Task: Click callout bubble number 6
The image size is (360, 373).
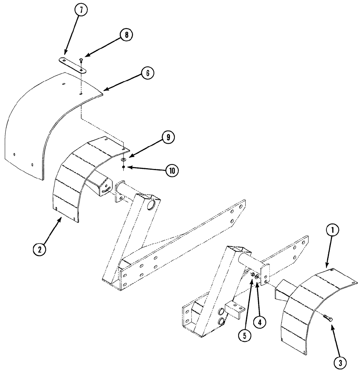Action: click(x=148, y=73)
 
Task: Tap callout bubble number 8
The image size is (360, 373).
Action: click(x=126, y=35)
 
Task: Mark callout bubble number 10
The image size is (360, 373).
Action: click(x=173, y=171)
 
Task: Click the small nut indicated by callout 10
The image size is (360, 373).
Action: click(x=124, y=167)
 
